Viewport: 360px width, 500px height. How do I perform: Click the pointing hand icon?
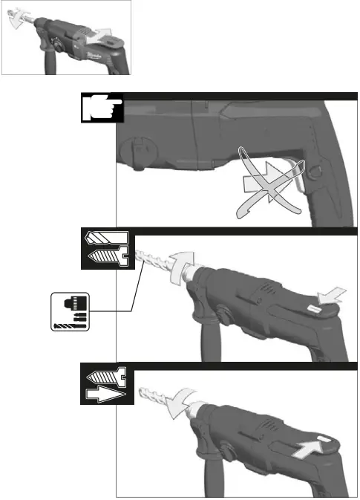pos(99,108)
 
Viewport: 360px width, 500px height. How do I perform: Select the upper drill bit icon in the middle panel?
pos(108,240)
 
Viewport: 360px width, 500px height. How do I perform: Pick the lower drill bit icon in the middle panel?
pos(108,256)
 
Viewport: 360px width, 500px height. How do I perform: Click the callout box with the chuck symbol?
pos(69,311)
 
